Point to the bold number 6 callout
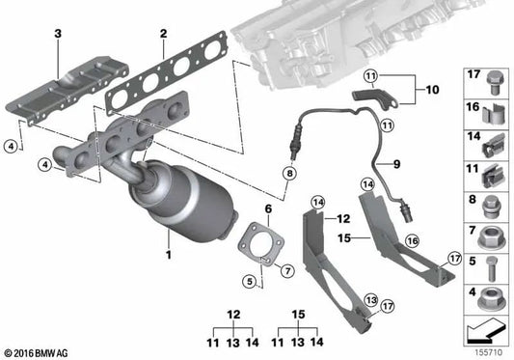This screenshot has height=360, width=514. click(269, 208)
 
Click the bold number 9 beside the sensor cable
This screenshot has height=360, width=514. click(393, 162)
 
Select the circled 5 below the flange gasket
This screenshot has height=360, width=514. click(249, 282)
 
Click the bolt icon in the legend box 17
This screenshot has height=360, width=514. click(487, 78)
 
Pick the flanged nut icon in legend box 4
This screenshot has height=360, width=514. click(487, 293)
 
